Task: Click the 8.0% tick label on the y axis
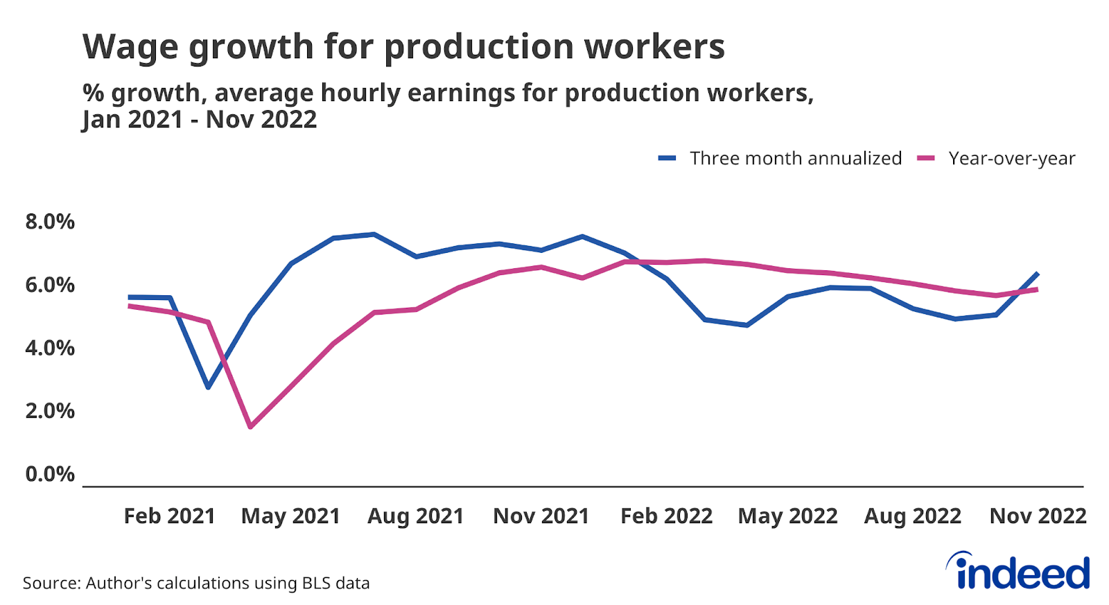49,222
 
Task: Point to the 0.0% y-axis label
49,474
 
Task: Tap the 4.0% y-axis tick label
49,348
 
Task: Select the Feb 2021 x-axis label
169,516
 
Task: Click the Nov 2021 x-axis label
541,516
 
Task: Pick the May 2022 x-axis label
787,516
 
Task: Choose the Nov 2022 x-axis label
1038,516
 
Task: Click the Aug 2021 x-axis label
415,516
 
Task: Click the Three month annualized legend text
796,159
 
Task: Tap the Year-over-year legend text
1011,159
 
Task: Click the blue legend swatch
667,159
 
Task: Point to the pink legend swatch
926,159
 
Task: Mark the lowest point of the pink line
250,427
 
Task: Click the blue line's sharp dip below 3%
208,387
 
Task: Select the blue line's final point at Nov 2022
1038,273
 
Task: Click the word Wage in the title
130,47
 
